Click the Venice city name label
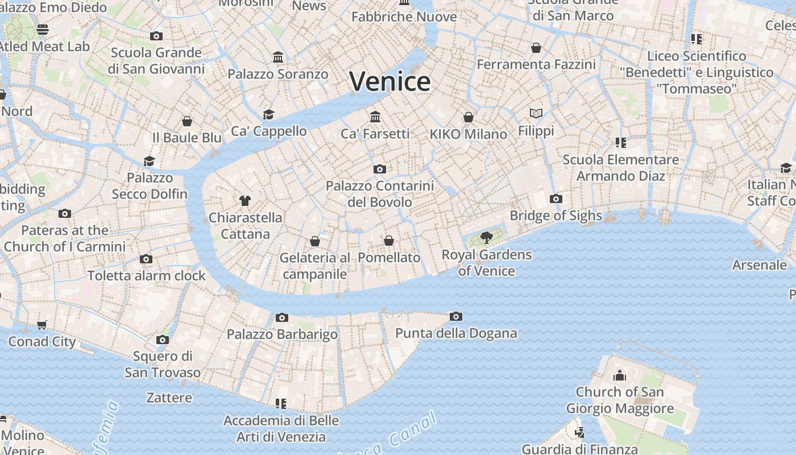point(389,81)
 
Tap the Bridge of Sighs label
point(555,216)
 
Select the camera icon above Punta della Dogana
point(455,317)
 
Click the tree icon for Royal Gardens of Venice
point(486,238)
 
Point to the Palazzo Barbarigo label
point(282,334)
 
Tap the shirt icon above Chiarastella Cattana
point(245,201)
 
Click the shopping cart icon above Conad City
point(42,325)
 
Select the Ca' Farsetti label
point(375,134)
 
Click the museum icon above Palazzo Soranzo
point(278,57)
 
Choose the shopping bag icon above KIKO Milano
point(468,118)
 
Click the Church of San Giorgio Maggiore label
point(620,400)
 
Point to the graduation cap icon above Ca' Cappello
point(268,115)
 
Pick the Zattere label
point(169,398)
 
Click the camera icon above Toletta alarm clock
point(146,259)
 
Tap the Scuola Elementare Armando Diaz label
point(620,168)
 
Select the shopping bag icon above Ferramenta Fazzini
point(536,48)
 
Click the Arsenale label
point(759,265)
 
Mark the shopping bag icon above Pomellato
point(389,241)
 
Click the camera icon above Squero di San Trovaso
point(163,340)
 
